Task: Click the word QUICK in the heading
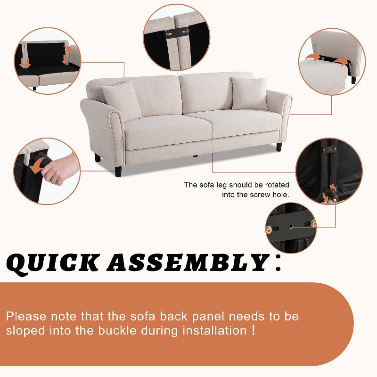pos(53,264)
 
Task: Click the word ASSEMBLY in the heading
pos(188,262)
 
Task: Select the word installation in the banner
pos(215,331)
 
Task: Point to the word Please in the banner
pos(26,316)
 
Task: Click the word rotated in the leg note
pos(277,185)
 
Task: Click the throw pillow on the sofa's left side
pos(122,100)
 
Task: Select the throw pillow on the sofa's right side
pos(249,93)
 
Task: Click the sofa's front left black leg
pos(118,171)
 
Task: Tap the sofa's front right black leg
pos(279,147)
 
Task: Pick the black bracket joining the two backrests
pos(177,33)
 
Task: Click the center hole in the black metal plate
pos(291,226)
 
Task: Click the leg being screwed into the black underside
pos(331,195)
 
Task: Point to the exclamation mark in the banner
pos(253,330)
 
